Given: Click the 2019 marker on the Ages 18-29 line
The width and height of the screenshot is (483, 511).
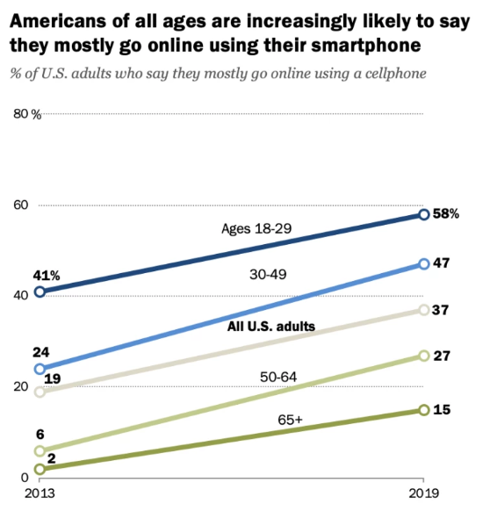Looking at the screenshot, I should [423, 214].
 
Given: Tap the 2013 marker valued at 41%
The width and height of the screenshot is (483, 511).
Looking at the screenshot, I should [40, 292].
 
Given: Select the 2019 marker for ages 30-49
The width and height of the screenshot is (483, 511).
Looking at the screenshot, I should [423, 263].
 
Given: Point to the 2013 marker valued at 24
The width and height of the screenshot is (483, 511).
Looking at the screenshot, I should [40, 369].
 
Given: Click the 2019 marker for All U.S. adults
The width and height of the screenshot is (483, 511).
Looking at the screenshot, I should [423, 310].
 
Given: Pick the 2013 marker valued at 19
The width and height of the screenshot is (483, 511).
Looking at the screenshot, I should [40, 392].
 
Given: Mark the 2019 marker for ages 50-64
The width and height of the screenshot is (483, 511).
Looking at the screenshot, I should [423, 356].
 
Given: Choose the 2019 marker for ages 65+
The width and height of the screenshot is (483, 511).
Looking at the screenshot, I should [423, 410].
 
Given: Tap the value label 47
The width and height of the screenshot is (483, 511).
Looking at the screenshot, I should [443, 263].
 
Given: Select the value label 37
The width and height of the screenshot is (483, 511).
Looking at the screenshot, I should [443, 310].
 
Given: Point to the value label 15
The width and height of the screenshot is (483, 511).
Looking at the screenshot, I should [443, 410].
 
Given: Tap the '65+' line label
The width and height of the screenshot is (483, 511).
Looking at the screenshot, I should [291, 421].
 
